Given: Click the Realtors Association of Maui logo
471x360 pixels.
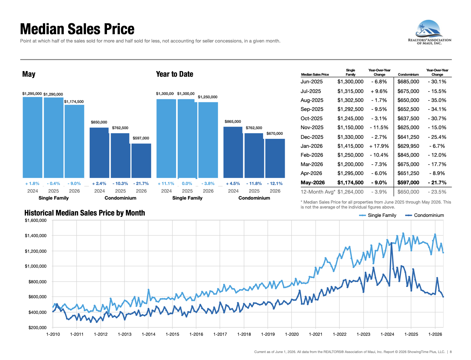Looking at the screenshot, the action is pyautogui.click(x=429, y=32).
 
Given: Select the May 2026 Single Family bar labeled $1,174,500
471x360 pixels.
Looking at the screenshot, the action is pyautogui.click(x=74, y=141).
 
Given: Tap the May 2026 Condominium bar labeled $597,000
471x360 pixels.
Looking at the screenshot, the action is pyautogui.click(x=141, y=160).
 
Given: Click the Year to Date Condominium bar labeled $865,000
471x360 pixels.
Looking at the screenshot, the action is pyautogui.click(x=233, y=152).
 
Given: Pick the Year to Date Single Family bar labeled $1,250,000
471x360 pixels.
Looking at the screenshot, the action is pyautogui.click(x=208, y=140).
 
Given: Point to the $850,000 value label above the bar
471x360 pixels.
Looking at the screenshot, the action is pyautogui.click(x=99, y=122).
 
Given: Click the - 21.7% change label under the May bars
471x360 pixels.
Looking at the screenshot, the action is pyautogui.click(x=141, y=183).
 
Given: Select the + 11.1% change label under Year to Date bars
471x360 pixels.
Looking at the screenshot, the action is pyautogui.click(x=166, y=183).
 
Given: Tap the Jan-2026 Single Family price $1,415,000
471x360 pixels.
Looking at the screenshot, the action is pyautogui.click(x=350, y=146).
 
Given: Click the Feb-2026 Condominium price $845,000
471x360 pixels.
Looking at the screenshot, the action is pyautogui.click(x=408, y=155).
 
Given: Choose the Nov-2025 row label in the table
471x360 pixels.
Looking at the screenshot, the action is pyautogui.click(x=312, y=128).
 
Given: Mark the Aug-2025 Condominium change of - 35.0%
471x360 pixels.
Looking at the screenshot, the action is pyautogui.click(x=437, y=100).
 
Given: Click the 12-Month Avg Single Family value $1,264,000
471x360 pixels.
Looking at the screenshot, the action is pyautogui.click(x=350, y=192).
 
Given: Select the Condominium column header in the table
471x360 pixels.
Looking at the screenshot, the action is pyautogui.click(x=408, y=74).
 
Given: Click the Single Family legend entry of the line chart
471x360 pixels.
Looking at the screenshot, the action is pyautogui.click(x=377, y=215).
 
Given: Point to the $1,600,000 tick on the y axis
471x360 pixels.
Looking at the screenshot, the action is pyautogui.click(x=36, y=220).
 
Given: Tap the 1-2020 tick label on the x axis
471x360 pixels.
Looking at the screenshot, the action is pyautogui.click(x=292, y=334).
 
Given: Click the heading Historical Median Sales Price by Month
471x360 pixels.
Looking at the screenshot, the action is pyautogui.click(x=85, y=213).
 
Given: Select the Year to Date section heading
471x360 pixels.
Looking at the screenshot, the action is pyautogui.click(x=174, y=74).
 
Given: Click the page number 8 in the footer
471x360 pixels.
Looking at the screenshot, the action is pyautogui.click(x=451, y=352).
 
